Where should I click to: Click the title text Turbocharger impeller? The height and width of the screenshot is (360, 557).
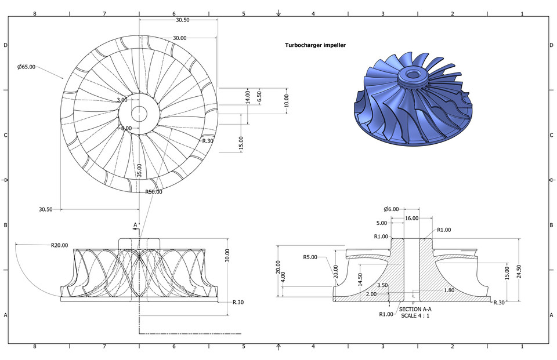click(x=315, y=45)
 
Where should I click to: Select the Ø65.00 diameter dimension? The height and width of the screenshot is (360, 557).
click(x=26, y=67)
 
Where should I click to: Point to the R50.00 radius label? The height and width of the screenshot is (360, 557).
click(x=153, y=191)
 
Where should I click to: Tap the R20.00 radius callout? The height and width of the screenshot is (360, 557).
click(x=59, y=245)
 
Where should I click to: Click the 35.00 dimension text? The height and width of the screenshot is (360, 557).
click(x=139, y=170)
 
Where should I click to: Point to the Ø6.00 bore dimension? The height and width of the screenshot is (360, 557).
click(x=392, y=209)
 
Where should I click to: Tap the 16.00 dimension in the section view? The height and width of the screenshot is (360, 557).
click(x=411, y=218)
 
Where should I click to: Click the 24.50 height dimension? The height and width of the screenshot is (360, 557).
click(x=520, y=270)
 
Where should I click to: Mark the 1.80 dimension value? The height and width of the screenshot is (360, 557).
click(x=449, y=290)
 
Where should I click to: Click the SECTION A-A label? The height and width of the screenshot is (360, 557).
click(x=415, y=310)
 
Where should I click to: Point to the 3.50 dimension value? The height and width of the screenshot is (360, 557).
click(x=382, y=285)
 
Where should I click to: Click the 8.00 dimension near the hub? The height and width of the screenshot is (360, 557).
click(x=126, y=128)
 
